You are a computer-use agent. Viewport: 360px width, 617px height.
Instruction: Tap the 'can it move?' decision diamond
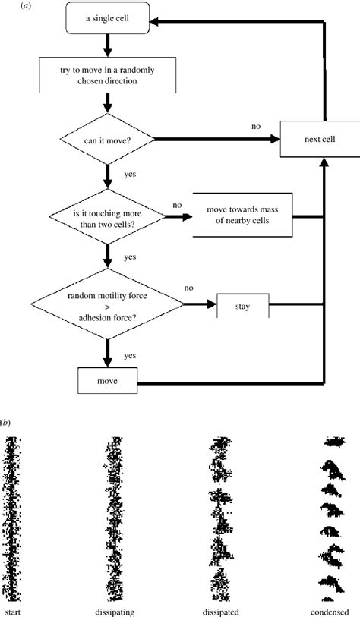tap(108, 139)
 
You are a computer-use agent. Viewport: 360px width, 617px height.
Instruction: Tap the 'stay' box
tap(243, 307)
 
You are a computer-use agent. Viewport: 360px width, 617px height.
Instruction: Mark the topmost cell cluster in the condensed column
tap(334, 441)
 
